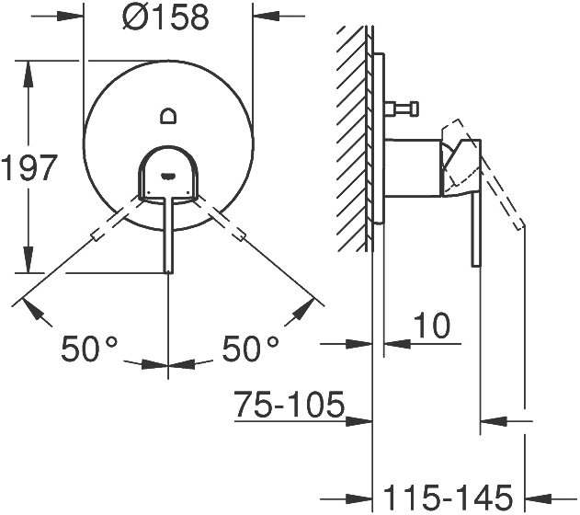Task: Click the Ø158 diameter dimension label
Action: click(x=165, y=17)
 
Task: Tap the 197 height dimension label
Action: click(x=29, y=168)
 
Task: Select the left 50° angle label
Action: click(x=89, y=349)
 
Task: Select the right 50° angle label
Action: click(x=250, y=349)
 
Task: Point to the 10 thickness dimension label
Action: click(x=432, y=326)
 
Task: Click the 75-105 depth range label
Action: click(x=290, y=404)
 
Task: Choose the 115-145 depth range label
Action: click(x=448, y=498)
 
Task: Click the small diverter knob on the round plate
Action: click(x=168, y=116)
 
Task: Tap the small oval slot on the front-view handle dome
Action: click(x=168, y=175)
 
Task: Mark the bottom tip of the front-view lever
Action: click(x=168, y=272)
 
